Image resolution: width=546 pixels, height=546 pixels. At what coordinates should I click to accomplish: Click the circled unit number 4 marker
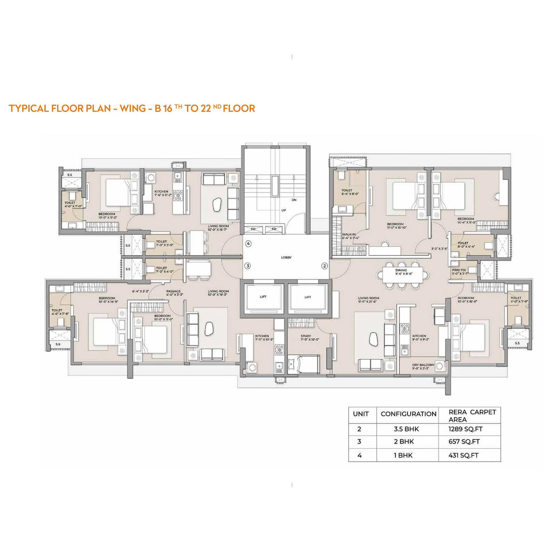coord(248,244)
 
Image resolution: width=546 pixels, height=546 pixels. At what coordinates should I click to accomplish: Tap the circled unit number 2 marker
coord(325,266)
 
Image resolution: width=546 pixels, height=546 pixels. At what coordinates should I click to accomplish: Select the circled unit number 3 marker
coord(248,266)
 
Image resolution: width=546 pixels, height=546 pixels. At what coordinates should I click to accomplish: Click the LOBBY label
coord(286,257)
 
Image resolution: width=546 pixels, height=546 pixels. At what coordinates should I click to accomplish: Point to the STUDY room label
coord(306,336)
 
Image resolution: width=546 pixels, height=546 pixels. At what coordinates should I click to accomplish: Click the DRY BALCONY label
coord(423,365)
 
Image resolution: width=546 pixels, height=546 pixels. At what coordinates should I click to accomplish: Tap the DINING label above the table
coord(401,270)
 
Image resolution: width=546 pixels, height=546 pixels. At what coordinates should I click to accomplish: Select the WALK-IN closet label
coord(348,234)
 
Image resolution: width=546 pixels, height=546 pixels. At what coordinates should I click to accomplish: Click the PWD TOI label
coord(459,270)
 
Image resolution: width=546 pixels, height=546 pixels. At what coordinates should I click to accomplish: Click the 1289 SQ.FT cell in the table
coord(465,429)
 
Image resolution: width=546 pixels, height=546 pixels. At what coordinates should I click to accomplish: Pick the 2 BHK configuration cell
coord(404,442)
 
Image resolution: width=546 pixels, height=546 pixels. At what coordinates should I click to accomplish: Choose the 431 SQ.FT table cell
coord(463,455)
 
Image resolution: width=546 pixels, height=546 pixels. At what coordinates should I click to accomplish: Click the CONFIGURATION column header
coord(408,414)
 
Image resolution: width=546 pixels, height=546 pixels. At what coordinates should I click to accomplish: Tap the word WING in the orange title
coord(132,109)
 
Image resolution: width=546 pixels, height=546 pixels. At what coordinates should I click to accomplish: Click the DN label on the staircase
coord(294,200)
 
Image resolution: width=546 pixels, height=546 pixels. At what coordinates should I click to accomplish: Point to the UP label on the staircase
coord(284,210)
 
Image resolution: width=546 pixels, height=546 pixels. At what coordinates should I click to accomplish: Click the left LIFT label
coord(263,297)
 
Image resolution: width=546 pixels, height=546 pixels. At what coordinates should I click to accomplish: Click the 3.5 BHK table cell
coord(406,429)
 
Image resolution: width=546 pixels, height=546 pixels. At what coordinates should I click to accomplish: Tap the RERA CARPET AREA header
coord(472,416)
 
